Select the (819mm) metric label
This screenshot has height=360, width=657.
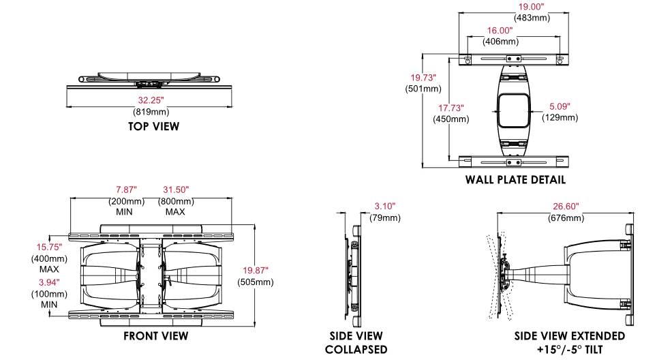[x=150, y=111]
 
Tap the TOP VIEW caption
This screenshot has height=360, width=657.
[x=153, y=126]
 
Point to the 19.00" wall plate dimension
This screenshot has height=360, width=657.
[x=531, y=7]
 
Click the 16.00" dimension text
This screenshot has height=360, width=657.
[x=500, y=31]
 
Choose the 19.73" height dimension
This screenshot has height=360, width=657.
[x=423, y=78]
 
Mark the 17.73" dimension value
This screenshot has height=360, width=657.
[x=450, y=108]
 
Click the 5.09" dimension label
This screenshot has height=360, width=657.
[x=559, y=106]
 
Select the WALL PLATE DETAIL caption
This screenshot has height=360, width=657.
[x=515, y=180]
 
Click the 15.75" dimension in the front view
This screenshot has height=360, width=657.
[x=49, y=247]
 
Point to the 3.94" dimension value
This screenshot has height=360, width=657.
[x=49, y=282]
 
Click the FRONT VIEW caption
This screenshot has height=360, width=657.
[x=156, y=336]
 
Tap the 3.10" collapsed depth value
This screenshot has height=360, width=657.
[x=385, y=207]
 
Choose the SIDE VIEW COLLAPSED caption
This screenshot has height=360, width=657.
[x=356, y=342]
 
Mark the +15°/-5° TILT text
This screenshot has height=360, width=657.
[x=569, y=349]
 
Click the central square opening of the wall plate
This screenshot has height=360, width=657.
[x=513, y=110]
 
